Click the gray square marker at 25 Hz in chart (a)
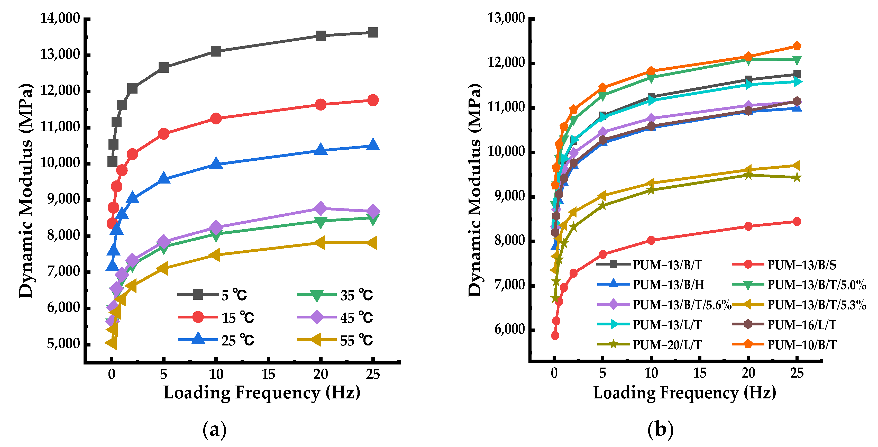[373, 33]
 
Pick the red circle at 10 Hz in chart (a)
[216, 119]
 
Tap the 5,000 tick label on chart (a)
[63, 344]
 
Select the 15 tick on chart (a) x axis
[268, 374]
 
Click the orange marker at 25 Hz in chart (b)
[797, 46]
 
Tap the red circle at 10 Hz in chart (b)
[651, 240]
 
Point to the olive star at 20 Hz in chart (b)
[748, 175]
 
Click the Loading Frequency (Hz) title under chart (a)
[262, 393]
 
